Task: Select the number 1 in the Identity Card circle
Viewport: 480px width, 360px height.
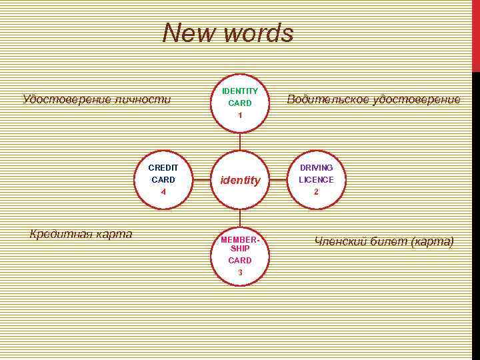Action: coord(240,115)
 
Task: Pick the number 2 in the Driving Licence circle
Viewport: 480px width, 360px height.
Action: coord(316,192)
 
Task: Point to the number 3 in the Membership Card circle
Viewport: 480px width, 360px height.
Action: coord(240,272)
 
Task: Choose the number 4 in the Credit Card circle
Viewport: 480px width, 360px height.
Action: coord(163,192)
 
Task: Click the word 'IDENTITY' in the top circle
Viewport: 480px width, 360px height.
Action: coord(240,91)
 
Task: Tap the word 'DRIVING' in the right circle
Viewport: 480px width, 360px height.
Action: coord(316,167)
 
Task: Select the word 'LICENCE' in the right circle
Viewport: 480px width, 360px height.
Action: coord(316,180)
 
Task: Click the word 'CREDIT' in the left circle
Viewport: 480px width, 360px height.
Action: coord(163,167)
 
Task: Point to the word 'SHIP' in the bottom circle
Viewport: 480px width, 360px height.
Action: coord(240,249)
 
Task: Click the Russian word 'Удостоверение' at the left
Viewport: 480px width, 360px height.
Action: coord(62,100)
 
